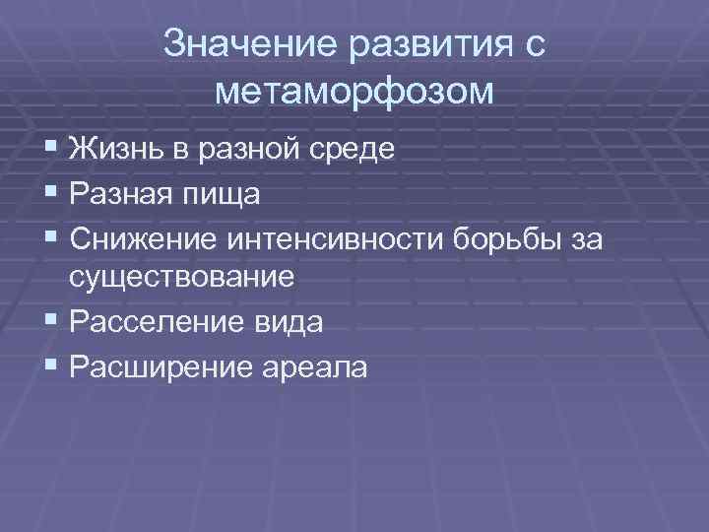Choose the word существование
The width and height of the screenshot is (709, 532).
click(181, 278)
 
